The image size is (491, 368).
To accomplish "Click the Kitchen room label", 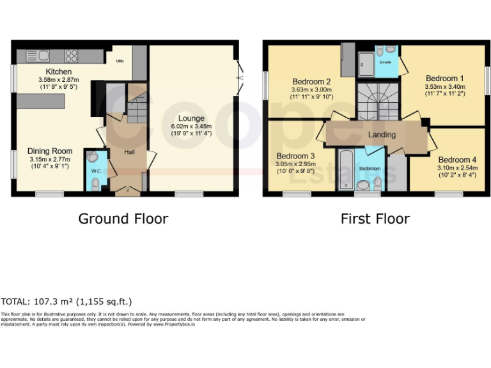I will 58,72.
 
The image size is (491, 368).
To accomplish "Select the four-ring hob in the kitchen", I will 71,56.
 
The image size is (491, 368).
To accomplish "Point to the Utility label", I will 120,61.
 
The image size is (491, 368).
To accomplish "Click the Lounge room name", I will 191,118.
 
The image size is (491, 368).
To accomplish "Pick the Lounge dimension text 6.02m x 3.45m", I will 191,126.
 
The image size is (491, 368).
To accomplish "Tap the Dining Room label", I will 50,151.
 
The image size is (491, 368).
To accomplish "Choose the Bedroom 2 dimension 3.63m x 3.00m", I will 311,90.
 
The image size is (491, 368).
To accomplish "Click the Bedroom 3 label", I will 295,156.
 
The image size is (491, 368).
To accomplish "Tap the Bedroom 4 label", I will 457,159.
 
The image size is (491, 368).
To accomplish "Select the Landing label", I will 382,135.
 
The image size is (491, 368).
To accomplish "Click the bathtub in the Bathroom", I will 345,167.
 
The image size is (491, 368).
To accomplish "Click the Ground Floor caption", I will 123,218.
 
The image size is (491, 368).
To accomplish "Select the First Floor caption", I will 375,218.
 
